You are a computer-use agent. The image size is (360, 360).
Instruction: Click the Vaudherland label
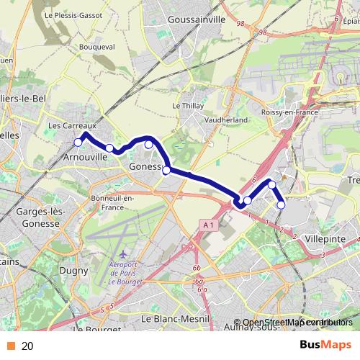pyautogui.click(x=226, y=120)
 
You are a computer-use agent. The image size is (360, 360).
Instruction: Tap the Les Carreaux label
pyautogui.click(x=67, y=125)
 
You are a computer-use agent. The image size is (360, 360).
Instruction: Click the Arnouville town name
pyautogui.click(x=86, y=155)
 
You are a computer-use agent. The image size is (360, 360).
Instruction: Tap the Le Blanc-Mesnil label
pyautogui.click(x=175, y=318)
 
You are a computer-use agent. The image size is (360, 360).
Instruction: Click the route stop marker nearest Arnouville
pyautogui.click(x=78, y=142)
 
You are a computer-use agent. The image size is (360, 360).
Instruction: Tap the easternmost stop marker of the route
pyautogui.click(x=281, y=204)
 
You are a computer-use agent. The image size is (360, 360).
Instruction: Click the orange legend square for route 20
pyautogui.click(x=9, y=346)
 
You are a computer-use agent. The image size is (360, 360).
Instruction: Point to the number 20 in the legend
pyautogui.click(x=27, y=346)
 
